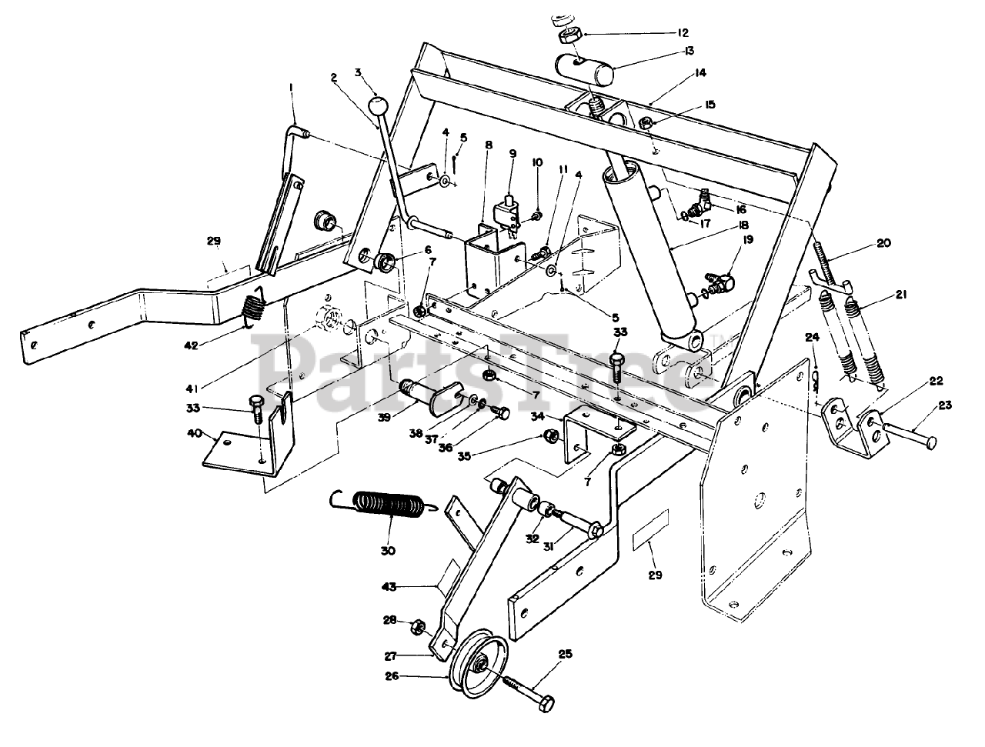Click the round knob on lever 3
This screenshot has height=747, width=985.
(378, 105)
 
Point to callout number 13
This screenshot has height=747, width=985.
(687, 51)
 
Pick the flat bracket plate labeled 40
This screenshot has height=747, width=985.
(246, 449)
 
